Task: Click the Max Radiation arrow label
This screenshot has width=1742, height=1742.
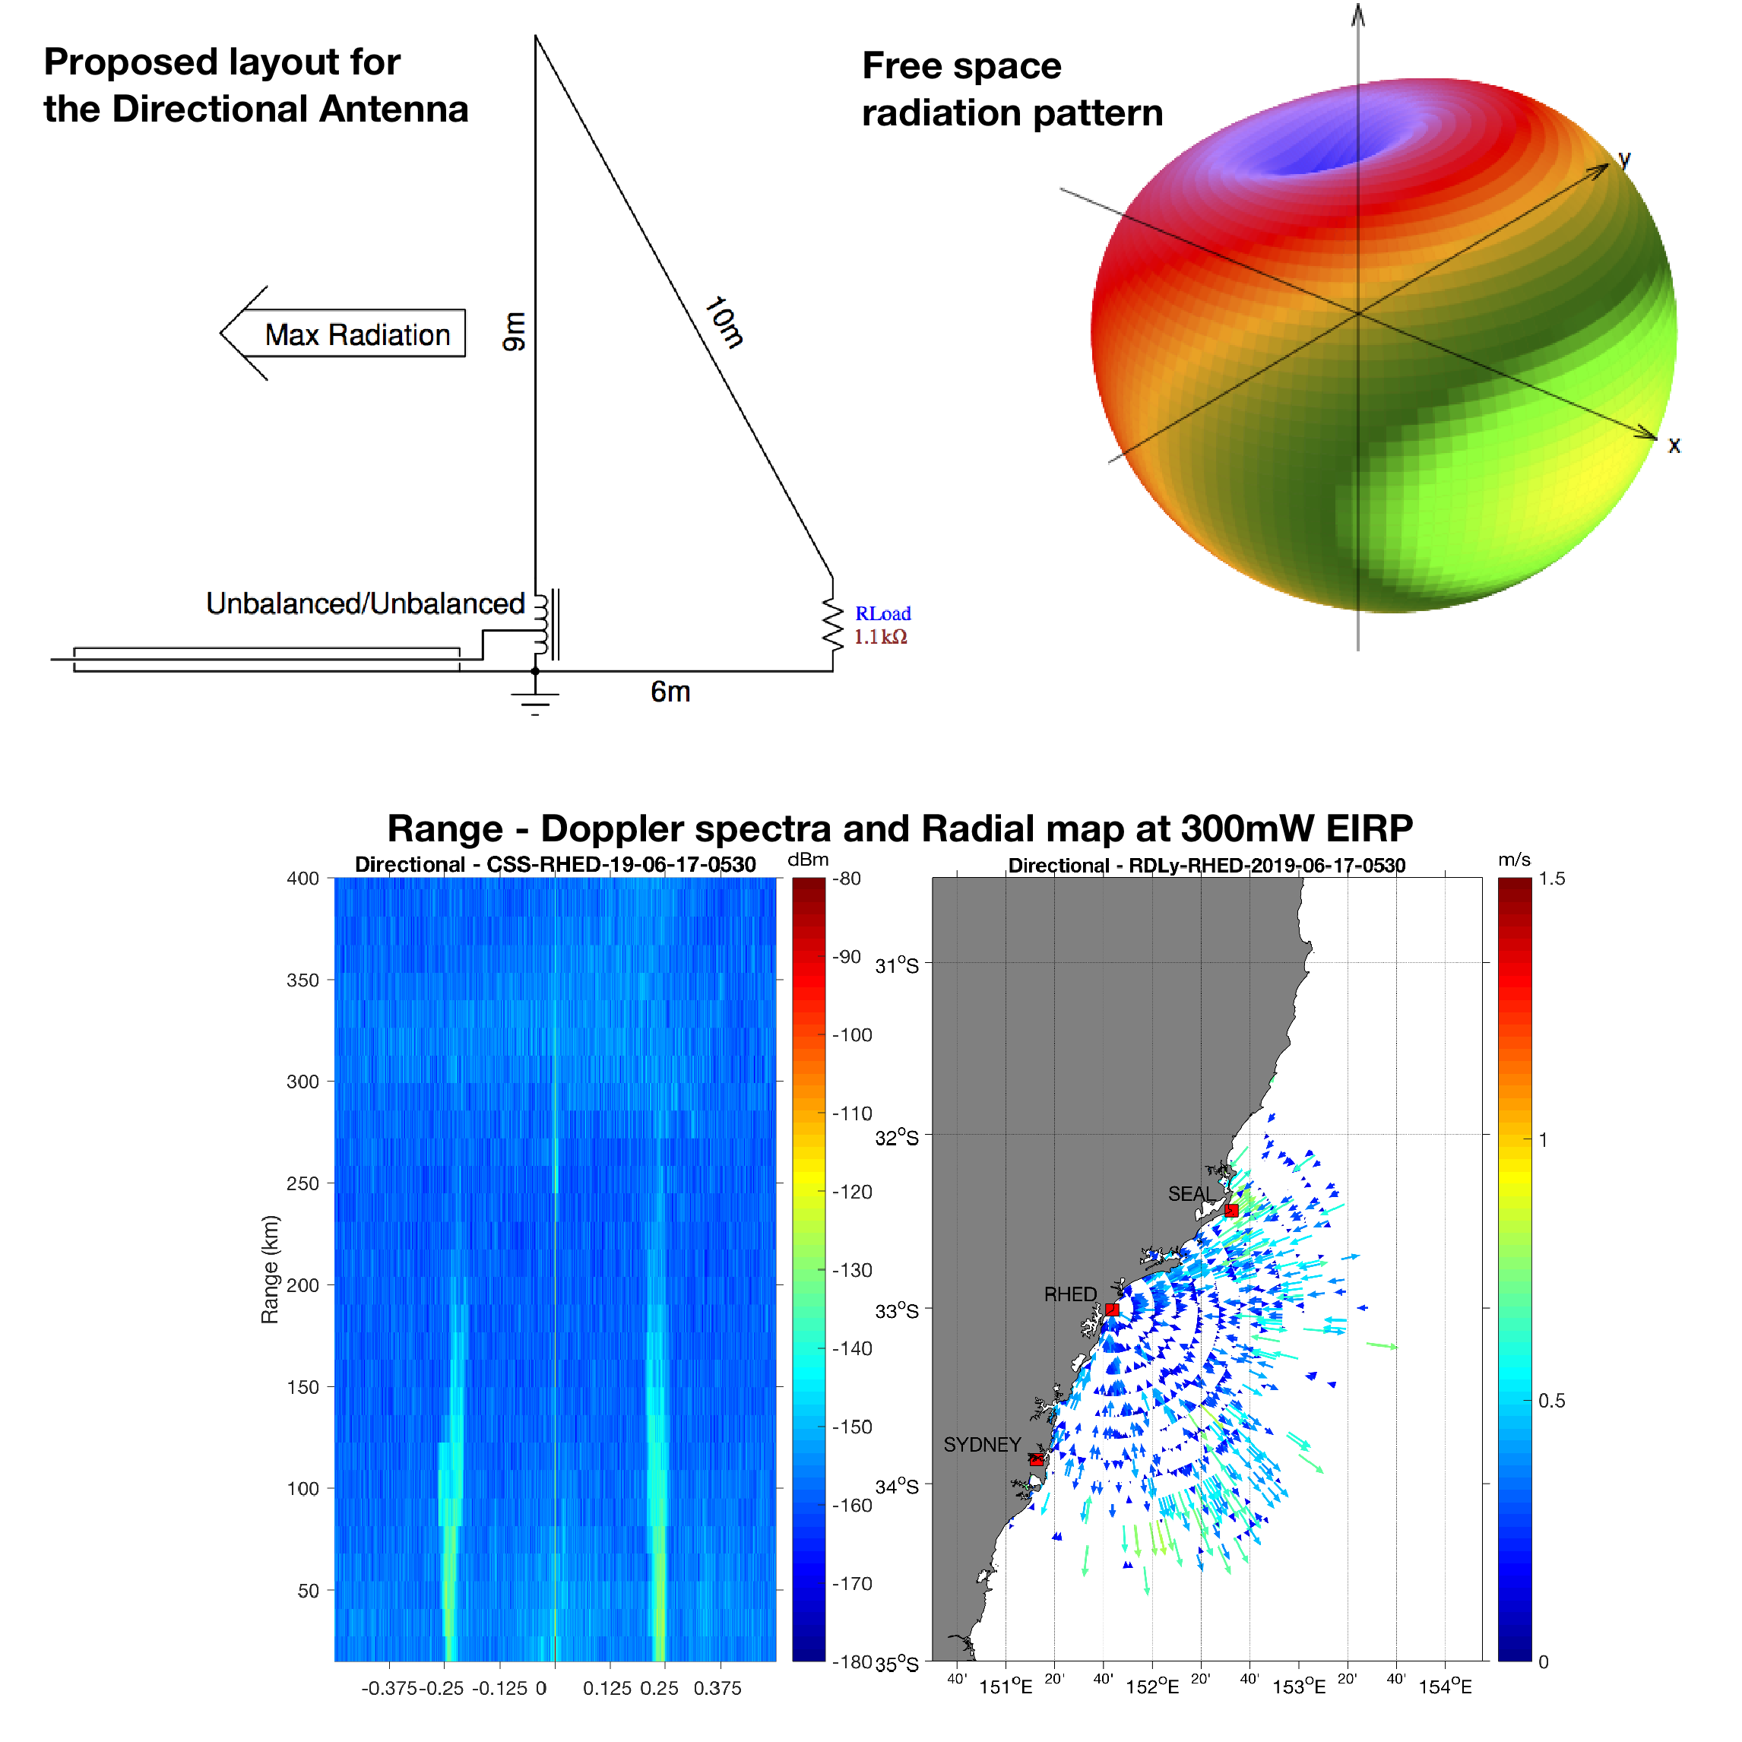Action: pyautogui.click(x=356, y=334)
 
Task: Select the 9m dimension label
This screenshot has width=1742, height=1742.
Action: pyautogui.click(x=514, y=332)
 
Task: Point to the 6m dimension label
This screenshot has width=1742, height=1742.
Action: pyautogui.click(x=670, y=692)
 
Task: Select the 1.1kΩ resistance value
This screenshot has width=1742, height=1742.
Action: pyautogui.click(x=880, y=638)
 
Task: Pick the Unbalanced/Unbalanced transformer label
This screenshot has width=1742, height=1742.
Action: pyautogui.click(x=365, y=603)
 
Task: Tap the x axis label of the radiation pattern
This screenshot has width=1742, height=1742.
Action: pyautogui.click(x=1674, y=445)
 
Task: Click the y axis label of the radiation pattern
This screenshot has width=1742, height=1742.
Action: pyautogui.click(x=1624, y=160)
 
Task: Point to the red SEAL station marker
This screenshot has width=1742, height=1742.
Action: pyautogui.click(x=1232, y=1210)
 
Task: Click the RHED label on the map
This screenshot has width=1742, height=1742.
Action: pyautogui.click(x=1069, y=1294)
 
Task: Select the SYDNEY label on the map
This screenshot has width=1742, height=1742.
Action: pyautogui.click(x=982, y=1445)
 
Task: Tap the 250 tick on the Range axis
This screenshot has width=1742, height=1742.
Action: pyautogui.click(x=303, y=1183)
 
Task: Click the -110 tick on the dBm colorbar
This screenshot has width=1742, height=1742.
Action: pyautogui.click(x=852, y=1113)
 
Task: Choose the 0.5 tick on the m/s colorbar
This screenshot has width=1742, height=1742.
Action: pyautogui.click(x=1550, y=1400)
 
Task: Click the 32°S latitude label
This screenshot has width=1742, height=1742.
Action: pyautogui.click(x=897, y=1137)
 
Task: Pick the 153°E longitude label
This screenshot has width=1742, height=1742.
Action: pyautogui.click(x=1298, y=1686)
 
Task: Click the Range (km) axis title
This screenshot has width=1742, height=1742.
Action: pyautogui.click(x=270, y=1269)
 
